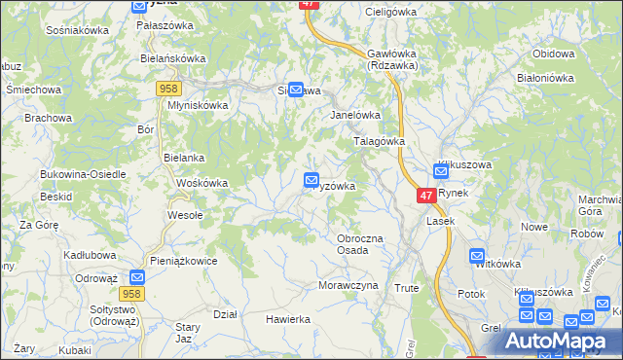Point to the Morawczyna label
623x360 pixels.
[348, 285]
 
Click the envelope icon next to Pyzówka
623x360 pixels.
[311, 180]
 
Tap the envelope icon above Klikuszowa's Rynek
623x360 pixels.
[440, 171]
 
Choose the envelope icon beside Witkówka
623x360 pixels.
[477, 257]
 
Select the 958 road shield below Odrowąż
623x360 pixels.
[134, 293]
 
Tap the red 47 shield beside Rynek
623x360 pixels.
[425, 196]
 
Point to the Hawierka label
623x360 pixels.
[288, 319]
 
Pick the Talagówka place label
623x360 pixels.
[378, 140]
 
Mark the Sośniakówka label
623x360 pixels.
[77, 30]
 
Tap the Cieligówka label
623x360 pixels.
[389, 12]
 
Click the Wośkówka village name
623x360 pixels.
[202, 183]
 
